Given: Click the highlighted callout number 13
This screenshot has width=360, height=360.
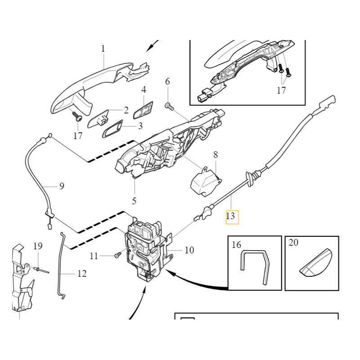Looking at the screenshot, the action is click(x=230, y=216).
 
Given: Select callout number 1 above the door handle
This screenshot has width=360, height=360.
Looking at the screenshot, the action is click(x=103, y=49).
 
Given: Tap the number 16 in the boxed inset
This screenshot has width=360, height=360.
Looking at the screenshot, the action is click(x=237, y=245).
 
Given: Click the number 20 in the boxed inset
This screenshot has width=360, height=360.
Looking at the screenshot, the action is click(x=293, y=243).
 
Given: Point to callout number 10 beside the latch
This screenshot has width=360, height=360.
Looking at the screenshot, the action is click(x=189, y=250).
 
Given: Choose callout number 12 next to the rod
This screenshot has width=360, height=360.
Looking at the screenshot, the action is click(x=82, y=274).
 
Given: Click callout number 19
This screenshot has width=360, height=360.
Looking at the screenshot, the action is click(x=38, y=246).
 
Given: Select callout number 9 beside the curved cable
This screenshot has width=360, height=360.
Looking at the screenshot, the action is click(x=62, y=186).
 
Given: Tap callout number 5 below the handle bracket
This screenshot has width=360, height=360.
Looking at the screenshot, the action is click(x=134, y=201).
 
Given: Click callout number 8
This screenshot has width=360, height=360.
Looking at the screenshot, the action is click(x=216, y=155).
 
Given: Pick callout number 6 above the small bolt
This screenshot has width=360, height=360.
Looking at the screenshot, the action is click(x=167, y=81).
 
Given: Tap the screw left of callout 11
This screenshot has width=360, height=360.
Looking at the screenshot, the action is click(x=117, y=255).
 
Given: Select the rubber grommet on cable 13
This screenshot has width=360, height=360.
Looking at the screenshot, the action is click(x=250, y=179).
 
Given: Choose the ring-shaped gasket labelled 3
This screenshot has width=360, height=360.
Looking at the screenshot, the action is click(x=112, y=129).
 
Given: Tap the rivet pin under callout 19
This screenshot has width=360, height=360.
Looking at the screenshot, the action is click(x=41, y=270).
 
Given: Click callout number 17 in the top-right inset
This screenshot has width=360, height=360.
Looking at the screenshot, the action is click(x=282, y=90).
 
